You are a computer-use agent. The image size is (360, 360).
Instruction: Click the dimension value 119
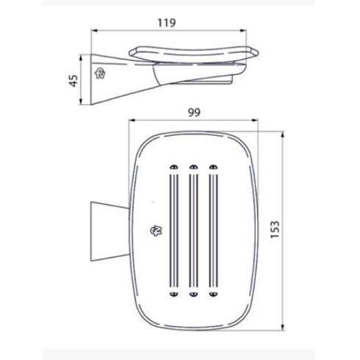(167, 23)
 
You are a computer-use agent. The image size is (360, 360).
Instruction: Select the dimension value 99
(195, 112)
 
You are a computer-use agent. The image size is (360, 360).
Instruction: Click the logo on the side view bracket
(101, 72)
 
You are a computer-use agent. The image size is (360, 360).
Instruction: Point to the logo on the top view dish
(158, 230)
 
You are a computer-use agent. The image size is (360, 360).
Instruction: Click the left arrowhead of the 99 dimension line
(131, 122)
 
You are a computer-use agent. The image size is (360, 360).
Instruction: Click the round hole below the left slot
(173, 294)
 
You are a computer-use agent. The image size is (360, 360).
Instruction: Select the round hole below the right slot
(213, 294)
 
